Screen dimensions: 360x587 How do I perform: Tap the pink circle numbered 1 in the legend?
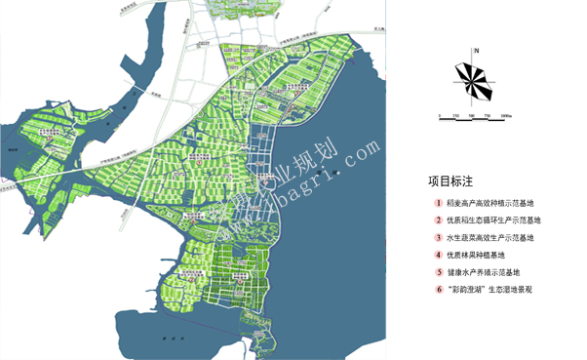coord(439,204)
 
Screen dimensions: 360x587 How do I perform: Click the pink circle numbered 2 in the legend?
coord(439,220)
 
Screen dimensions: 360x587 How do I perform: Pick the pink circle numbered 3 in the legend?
coord(439,237)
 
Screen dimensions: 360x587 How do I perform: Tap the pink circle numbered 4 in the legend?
coord(439,255)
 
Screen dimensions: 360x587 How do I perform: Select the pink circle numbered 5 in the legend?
coord(439,272)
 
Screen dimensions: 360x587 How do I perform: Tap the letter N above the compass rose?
coord(475,50)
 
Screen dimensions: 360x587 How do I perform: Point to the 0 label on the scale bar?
coord(441,116)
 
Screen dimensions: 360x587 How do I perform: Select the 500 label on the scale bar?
coord(474,116)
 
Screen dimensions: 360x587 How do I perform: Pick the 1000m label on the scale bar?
coord(506,116)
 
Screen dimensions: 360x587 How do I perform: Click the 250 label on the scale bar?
coord(456,116)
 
